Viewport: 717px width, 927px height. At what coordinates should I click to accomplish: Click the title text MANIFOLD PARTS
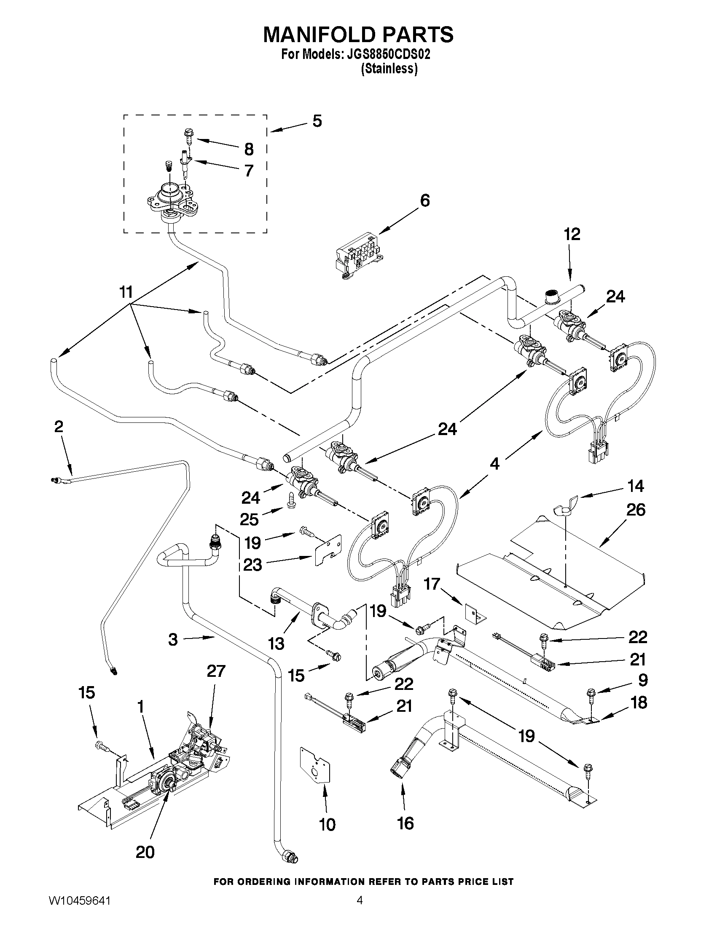pos(358,35)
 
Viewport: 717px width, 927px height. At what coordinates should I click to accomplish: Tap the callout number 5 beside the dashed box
pos(317,121)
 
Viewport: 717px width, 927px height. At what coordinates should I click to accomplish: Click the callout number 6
pos(424,200)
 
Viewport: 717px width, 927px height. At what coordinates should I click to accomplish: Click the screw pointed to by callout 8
pos(188,136)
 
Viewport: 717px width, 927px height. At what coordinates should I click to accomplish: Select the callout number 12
pos(572,234)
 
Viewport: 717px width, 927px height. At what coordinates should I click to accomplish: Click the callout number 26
pos(636,510)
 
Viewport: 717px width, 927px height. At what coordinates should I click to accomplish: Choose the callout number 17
pos(432,585)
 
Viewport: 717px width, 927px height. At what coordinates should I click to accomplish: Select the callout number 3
pos(172,640)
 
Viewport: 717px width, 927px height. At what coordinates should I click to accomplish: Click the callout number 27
pos(216,671)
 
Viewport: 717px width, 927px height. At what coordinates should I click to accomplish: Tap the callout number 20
pos(145,852)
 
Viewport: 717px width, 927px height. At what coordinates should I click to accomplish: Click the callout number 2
pos(59,426)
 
